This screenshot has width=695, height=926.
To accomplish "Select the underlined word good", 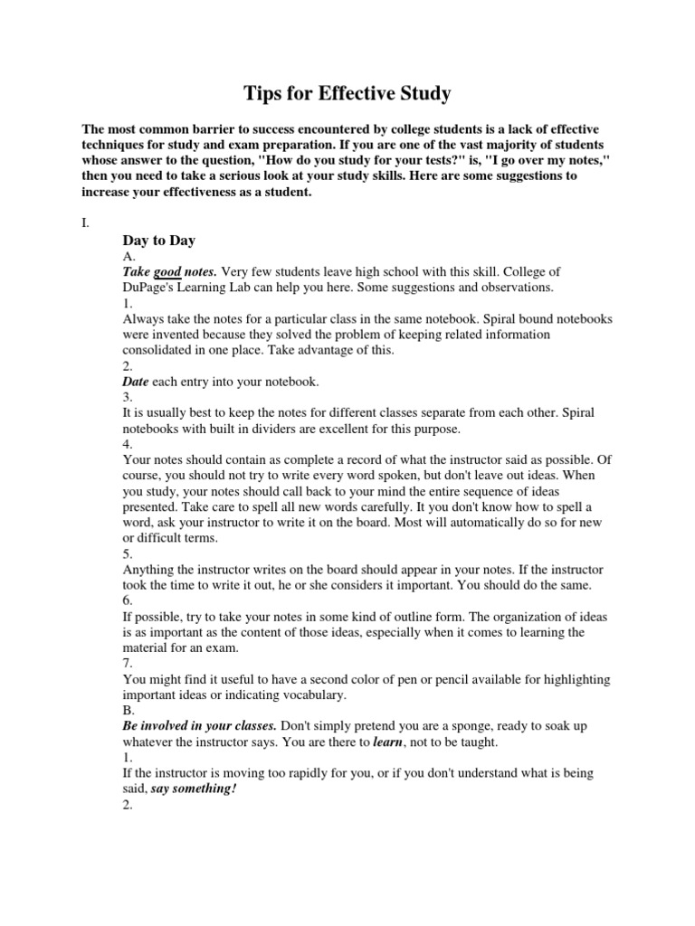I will (x=167, y=271).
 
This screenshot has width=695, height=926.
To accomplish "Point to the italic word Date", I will (x=135, y=382).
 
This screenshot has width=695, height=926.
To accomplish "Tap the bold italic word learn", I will (x=387, y=742).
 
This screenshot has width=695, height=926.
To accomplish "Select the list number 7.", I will (x=127, y=664).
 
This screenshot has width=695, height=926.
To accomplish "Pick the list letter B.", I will (x=127, y=711).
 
